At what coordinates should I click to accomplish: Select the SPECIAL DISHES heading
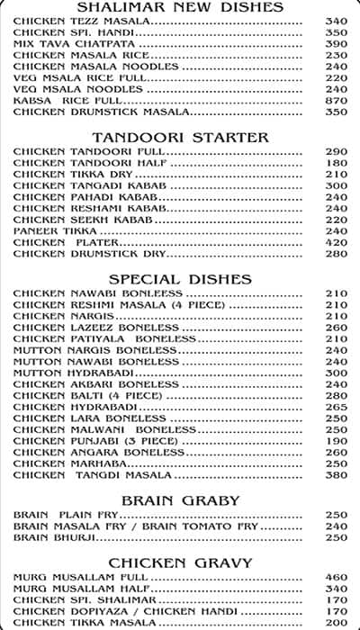point(180,279)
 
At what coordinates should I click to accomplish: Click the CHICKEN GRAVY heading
point(180,563)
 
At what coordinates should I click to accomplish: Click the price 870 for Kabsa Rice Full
point(336,101)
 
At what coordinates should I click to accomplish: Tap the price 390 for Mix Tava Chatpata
point(336,43)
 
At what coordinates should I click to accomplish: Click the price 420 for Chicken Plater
point(336,242)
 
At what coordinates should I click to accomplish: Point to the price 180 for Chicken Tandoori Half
point(336,163)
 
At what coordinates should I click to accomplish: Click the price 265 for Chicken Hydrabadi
point(336,407)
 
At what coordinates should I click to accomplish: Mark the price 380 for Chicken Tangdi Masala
point(336,475)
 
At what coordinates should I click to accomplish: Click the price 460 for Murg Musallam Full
point(336,577)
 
